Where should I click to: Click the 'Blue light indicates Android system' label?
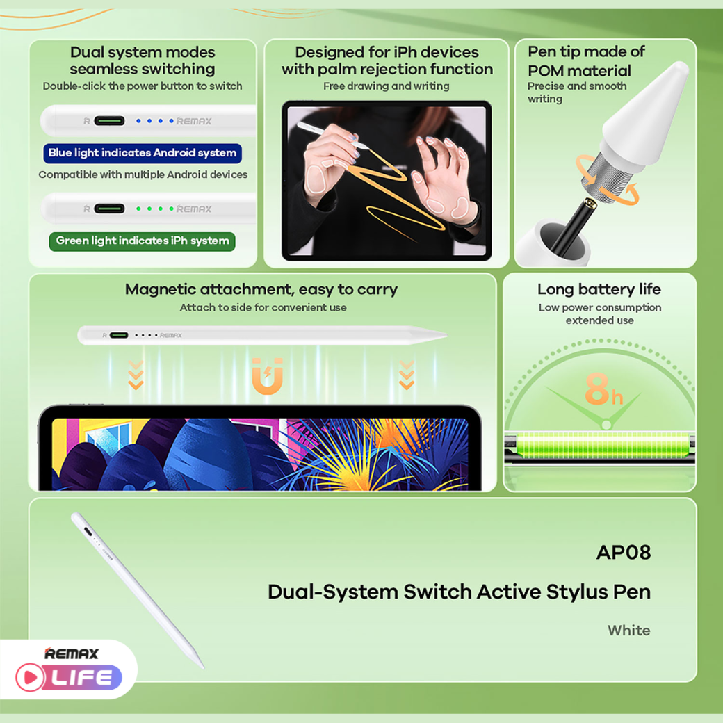point(143,153)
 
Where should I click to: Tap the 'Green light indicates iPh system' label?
point(143,241)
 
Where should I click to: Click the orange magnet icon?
point(268,376)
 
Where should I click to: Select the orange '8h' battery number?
point(603,391)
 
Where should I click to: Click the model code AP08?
point(623,552)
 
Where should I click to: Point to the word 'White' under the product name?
point(628,631)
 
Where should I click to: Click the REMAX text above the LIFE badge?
point(72,653)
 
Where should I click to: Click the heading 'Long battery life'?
point(599,289)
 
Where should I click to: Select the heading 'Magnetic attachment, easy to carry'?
point(261,289)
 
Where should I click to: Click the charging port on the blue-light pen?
point(109,121)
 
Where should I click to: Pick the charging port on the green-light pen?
point(109,209)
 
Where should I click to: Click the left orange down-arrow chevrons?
point(136,375)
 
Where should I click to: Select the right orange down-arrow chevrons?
point(407,375)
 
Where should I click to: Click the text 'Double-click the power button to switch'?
point(143,86)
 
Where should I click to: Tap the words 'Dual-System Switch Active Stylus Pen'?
point(459,592)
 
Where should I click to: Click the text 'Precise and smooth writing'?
point(576,92)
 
